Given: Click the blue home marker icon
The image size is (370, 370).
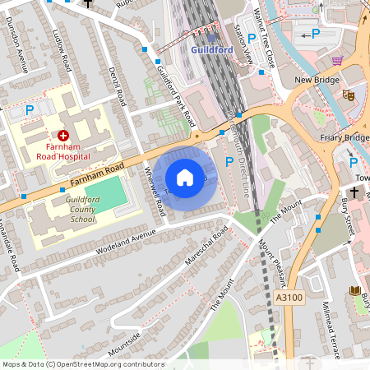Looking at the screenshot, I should pos(185,178).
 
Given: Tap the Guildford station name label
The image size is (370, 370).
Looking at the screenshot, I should pos(213,49).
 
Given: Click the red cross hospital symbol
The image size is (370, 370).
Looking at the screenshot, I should pos(63,135).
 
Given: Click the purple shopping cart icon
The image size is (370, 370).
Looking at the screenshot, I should pos(337,60).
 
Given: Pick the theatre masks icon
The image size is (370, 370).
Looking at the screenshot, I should pos(349,95).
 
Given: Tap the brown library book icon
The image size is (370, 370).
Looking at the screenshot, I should pos(355,291).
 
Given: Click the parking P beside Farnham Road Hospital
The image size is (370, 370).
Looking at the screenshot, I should pos(30,109).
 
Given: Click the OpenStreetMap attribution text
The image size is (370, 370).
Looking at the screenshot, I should pos(82,364).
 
